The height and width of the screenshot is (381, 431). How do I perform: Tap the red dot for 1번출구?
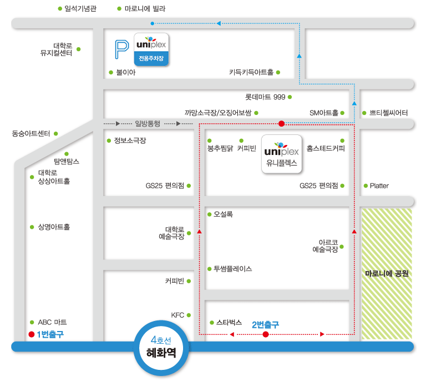[x=32, y=334]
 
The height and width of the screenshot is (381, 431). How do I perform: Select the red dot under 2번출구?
[x=266, y=334]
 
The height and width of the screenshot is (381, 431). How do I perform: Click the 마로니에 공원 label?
[x=387, y=273]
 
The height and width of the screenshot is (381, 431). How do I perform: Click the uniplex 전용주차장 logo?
[x=150, y=49]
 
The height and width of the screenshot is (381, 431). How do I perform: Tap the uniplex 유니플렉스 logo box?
[x=282, y=154]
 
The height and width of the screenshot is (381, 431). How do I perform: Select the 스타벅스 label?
[x=229, y=322]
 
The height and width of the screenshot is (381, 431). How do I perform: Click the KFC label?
[x=178, y=315]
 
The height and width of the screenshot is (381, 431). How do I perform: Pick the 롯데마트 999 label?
[x=265, y=97]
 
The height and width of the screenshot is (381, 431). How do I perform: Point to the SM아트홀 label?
[x=324, y=113]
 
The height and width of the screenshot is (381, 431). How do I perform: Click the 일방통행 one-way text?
[x=147, y=123]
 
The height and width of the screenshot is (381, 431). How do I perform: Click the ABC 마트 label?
[x=52, y=322]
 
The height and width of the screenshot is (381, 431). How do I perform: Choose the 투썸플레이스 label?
[x=233, y=269]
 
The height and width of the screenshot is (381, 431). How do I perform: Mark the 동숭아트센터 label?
[x=31, y=133]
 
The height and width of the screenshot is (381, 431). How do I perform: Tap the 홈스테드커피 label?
[x=326, y=148]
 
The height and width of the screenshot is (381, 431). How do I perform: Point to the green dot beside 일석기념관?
[x=60, y=9]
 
